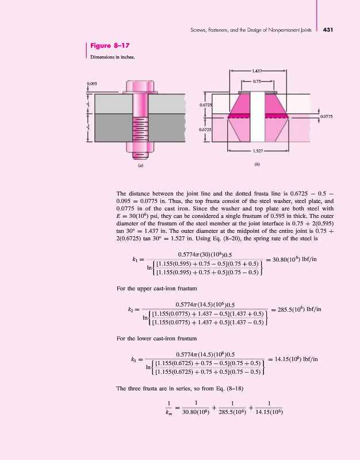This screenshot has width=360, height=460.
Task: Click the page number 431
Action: [x=330, y=29]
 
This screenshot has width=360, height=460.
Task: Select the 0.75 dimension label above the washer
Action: [x=258, y=82]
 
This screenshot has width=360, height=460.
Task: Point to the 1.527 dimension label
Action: [x=258, y=151]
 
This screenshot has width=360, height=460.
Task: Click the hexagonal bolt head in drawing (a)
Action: [x=139, y=89]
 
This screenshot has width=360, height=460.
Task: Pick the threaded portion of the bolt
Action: [x=139, y=137]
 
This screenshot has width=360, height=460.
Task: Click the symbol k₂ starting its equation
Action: [x=131, y=310]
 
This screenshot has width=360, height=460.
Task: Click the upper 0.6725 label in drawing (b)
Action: [x=206, y=105]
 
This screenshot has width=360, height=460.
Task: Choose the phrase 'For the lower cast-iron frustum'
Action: [x=153, y=339]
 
